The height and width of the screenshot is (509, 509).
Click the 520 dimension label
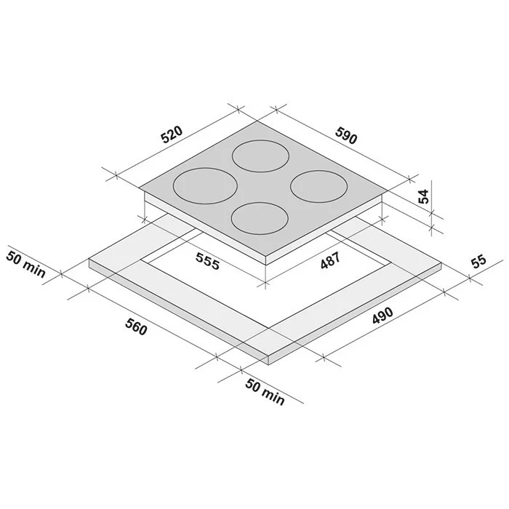click(x=172, y=135)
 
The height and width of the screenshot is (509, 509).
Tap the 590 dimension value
click(x=346, y=135)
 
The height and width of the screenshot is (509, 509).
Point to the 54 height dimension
click(x=423, y=196)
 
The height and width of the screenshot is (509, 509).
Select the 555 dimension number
click(x=208, y=261)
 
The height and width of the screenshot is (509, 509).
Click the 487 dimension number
click(x=330, y=260)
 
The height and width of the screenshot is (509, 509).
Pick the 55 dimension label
click(x=479, y=262)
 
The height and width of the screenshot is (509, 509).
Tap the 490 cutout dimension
click(x=382, y=315)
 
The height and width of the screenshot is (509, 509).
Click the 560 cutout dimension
click(x=137, y=327)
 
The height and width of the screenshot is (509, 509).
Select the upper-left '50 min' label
click(x=25, y=264)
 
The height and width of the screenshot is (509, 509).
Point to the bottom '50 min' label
click(x=265, y=391)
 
